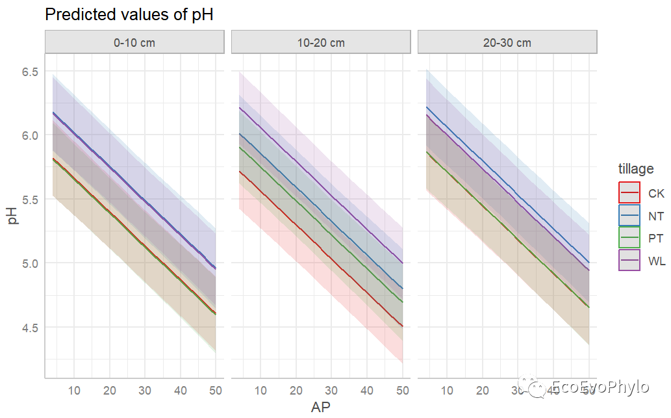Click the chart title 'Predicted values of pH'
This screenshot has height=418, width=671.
coord(129,15)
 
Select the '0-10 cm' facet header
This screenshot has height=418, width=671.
coord(134,43)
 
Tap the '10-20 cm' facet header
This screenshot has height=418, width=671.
coord(321,43)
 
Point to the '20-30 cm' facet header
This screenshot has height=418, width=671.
coord(507,43)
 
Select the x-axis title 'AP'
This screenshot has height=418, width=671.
coord(321,407)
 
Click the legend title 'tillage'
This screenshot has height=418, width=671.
coord(636,169)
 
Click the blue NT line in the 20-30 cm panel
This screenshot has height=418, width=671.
coord(507,184)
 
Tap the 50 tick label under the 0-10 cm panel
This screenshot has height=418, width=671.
coord(216,390)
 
